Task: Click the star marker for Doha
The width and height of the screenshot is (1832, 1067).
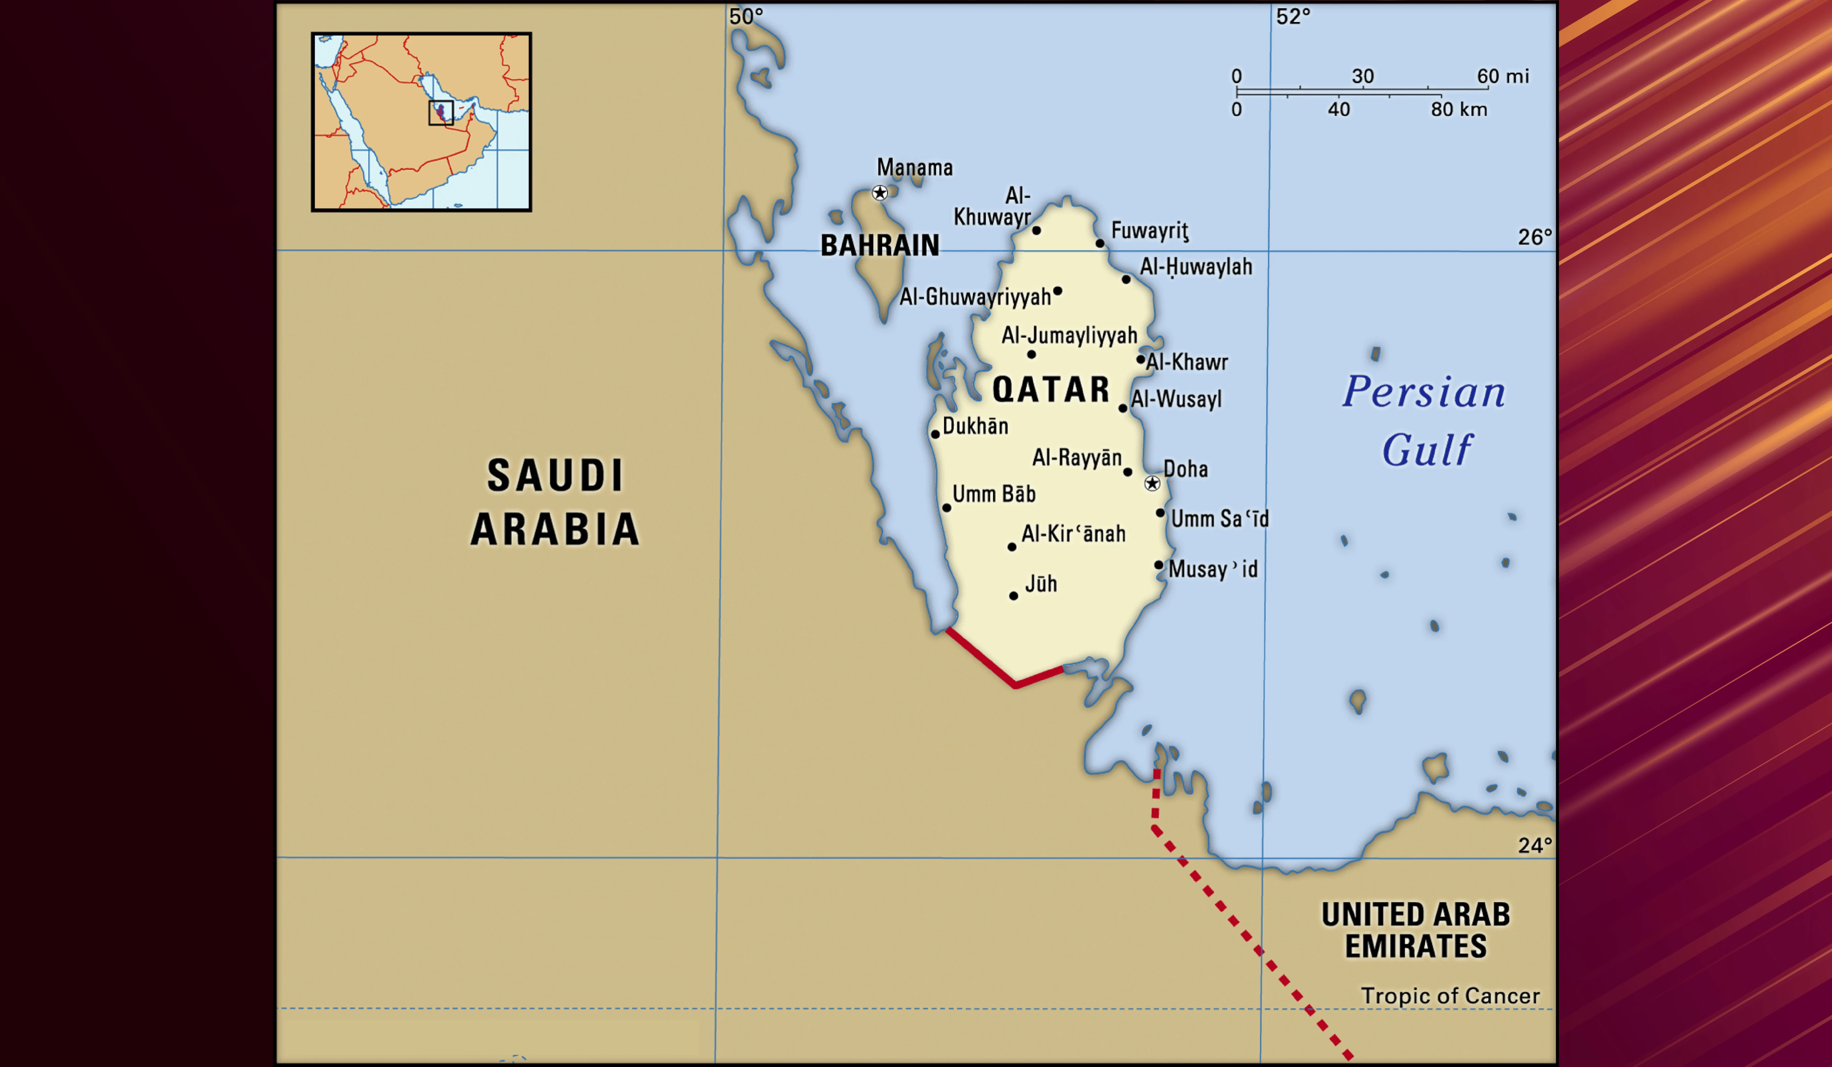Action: (1152, 483)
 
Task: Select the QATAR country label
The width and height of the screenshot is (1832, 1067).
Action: (1051, 390)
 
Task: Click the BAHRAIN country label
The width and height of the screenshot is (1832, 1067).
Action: (880, 246)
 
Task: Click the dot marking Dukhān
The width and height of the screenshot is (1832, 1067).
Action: (936, 435)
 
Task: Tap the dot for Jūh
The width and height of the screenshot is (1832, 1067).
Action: (1013, 596)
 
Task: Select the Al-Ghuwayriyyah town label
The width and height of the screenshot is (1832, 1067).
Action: (975, 297)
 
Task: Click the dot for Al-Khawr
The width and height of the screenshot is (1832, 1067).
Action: (1141, 359)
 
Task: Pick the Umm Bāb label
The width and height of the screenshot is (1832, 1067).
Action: (994, 494)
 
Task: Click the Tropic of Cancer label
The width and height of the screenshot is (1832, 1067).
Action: (1450, 996)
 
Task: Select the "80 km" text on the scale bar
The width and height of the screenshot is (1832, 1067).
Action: (1459, 110)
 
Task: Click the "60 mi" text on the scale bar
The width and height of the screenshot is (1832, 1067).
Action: (1503, 76)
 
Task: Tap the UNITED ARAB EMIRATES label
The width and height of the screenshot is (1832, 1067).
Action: (1415, 930)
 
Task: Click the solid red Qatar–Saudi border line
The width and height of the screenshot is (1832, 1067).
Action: (981, 658)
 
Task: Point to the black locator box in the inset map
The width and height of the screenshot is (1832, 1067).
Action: (440, 113)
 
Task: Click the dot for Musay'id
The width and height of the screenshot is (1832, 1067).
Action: (1159, 565)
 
